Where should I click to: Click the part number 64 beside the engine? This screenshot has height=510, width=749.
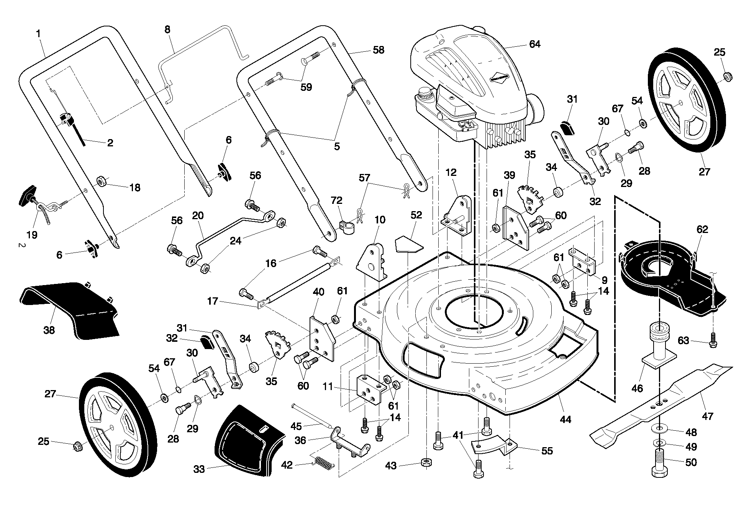pyautogui.click(x=534, y=44)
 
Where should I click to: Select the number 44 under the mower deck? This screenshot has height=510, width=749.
pyautogui.click(x=565, y=420)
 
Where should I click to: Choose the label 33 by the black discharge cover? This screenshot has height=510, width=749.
pyautogui.click(x=199, y=469)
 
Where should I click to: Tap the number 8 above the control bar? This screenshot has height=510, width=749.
pyautogui.click(x=167, y=30)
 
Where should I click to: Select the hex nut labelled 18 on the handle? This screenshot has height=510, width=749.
pyautogui.click(x=102, y=180)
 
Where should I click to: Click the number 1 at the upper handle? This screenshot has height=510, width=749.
pyautogui.click(x=38, y=34)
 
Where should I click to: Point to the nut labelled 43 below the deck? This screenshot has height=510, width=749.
pyautogui.click(x=426, y=462)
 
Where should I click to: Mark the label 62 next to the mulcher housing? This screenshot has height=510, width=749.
pyautogui.click(x=702, y=230)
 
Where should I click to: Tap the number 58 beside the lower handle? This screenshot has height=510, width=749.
pyautogui.click(x=378, y=50)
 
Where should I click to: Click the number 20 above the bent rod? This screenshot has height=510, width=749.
pyautogui.click(x=198, y=215)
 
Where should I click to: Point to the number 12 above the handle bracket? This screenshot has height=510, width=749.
pyautogui.click(x=451, y=172)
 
